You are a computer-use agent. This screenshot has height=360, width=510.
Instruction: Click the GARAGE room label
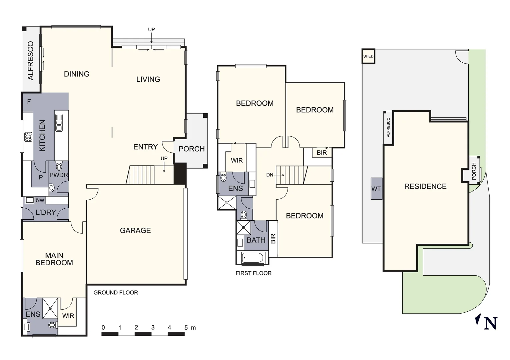point(135,230)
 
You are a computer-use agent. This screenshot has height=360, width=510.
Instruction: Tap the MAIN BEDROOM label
point(54,259)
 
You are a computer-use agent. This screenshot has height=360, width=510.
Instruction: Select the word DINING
point(76,74)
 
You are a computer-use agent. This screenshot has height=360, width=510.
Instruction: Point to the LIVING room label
point(148,79)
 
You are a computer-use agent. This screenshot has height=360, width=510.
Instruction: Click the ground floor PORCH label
point(191,149)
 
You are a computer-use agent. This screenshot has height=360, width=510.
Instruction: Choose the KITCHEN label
point(42,136)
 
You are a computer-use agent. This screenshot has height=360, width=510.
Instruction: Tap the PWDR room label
point(59,175)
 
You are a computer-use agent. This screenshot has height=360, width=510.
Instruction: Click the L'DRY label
point(46,212)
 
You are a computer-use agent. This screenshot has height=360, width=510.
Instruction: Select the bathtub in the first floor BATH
point(253,258)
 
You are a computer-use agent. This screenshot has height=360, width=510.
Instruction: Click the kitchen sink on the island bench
point(59,123)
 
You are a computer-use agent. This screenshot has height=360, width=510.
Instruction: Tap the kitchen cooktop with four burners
point(28,137)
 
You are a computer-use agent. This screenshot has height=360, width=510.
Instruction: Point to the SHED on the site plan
point(368,56)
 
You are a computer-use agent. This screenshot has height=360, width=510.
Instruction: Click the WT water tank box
point(376,189)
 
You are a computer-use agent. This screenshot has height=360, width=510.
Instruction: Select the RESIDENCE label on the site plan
point(425,187)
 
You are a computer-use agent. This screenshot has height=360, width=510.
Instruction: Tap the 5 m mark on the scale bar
point(186,328)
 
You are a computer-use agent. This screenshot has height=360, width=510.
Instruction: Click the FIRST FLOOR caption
point(253,273)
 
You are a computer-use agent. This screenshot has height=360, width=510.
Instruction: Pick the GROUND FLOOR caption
point(115,293)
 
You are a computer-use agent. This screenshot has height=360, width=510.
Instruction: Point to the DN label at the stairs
point(270,175)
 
